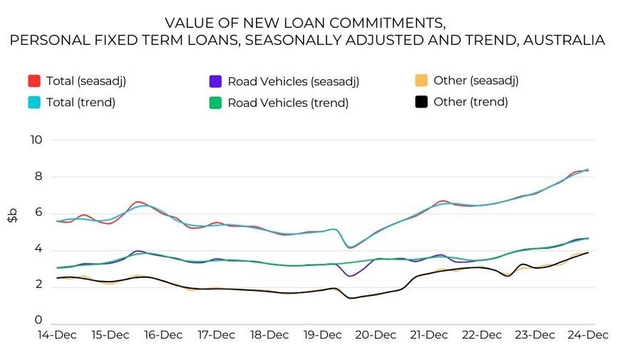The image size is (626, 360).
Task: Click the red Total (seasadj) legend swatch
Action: (x=34, y=81)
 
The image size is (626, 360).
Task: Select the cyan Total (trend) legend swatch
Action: (x=34, y=102)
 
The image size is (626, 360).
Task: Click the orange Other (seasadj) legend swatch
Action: (x=421, y=81)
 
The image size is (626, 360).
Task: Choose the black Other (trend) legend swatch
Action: (x=421, y=102)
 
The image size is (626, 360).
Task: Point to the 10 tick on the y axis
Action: (x=36, y=140)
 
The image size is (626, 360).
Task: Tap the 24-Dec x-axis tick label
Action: (x=588, y=335)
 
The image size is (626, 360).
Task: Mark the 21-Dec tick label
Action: (x=429, y=335)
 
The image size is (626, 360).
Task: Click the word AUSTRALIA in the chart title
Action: (x=564, y=40)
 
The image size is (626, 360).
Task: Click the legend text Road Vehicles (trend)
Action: (x=288, y=103)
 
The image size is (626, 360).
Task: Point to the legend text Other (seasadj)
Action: (x=476, y=81)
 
